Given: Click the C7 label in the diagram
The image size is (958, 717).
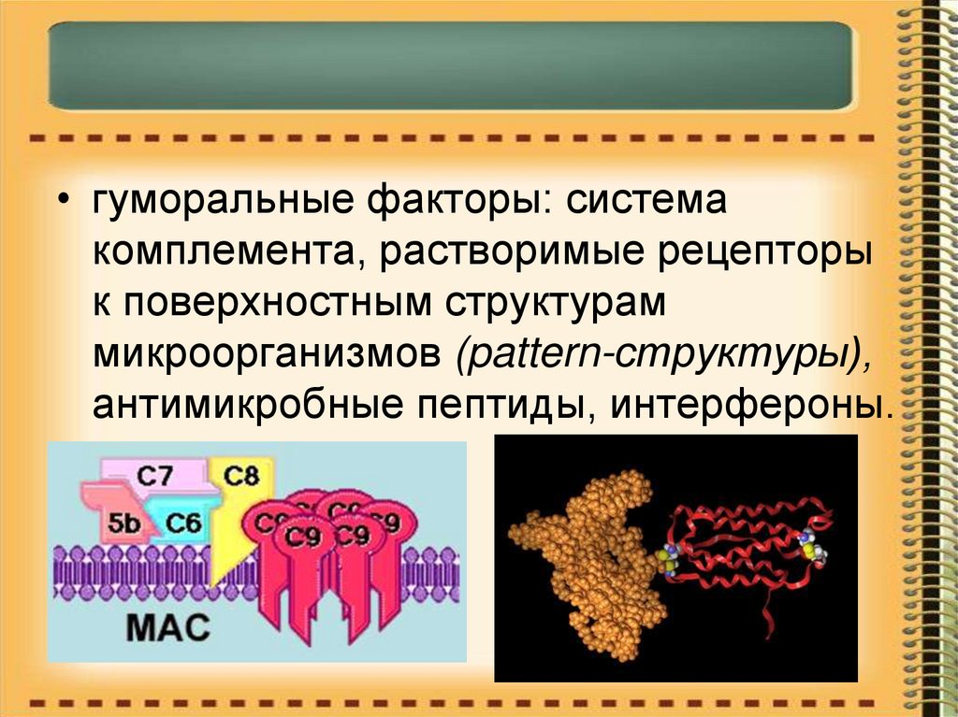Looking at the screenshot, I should point(155,476).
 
